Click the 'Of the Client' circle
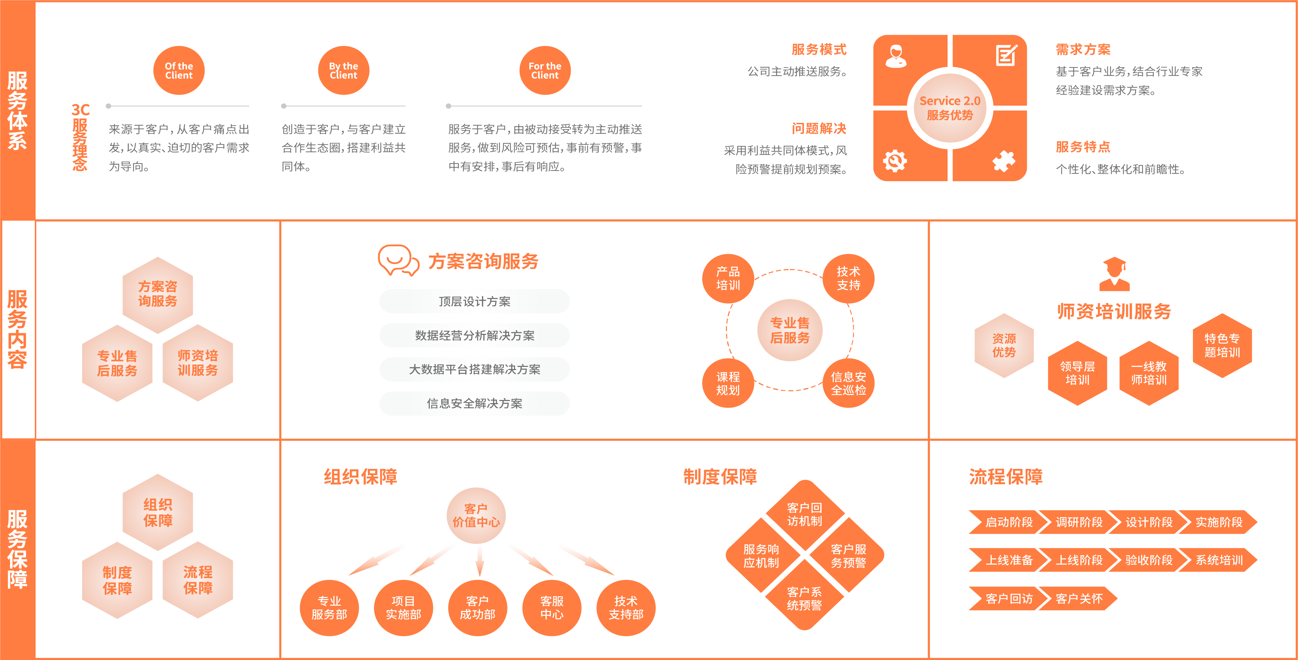coord(179,71)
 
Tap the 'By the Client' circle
coord(344,71)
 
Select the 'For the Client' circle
coord(545,71)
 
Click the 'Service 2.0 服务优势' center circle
coord(950,108)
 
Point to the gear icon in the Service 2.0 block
coord(895,161)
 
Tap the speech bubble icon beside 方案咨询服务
coord(398,260)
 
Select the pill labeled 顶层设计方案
coord(474,301)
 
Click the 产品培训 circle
coord(728,279)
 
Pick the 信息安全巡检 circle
coord(848,383)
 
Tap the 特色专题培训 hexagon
coord(1222,345)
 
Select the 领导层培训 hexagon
coord(1077,373)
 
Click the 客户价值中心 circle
coord(476,515)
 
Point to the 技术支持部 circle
coord(626,607)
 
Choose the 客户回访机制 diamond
coord(805,514)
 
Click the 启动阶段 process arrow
coord(1005,522)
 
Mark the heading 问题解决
coord(819,128)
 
